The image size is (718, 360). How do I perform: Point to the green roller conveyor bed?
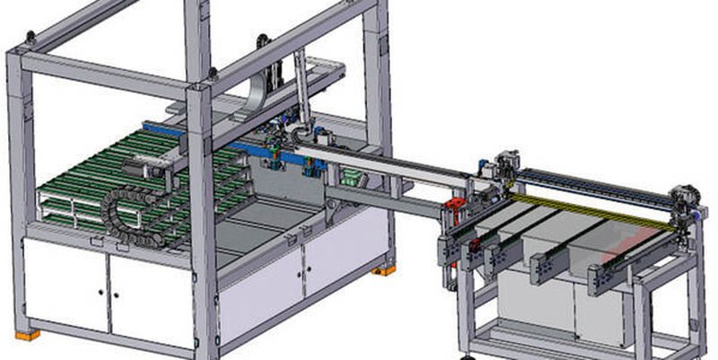pos(99,180)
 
